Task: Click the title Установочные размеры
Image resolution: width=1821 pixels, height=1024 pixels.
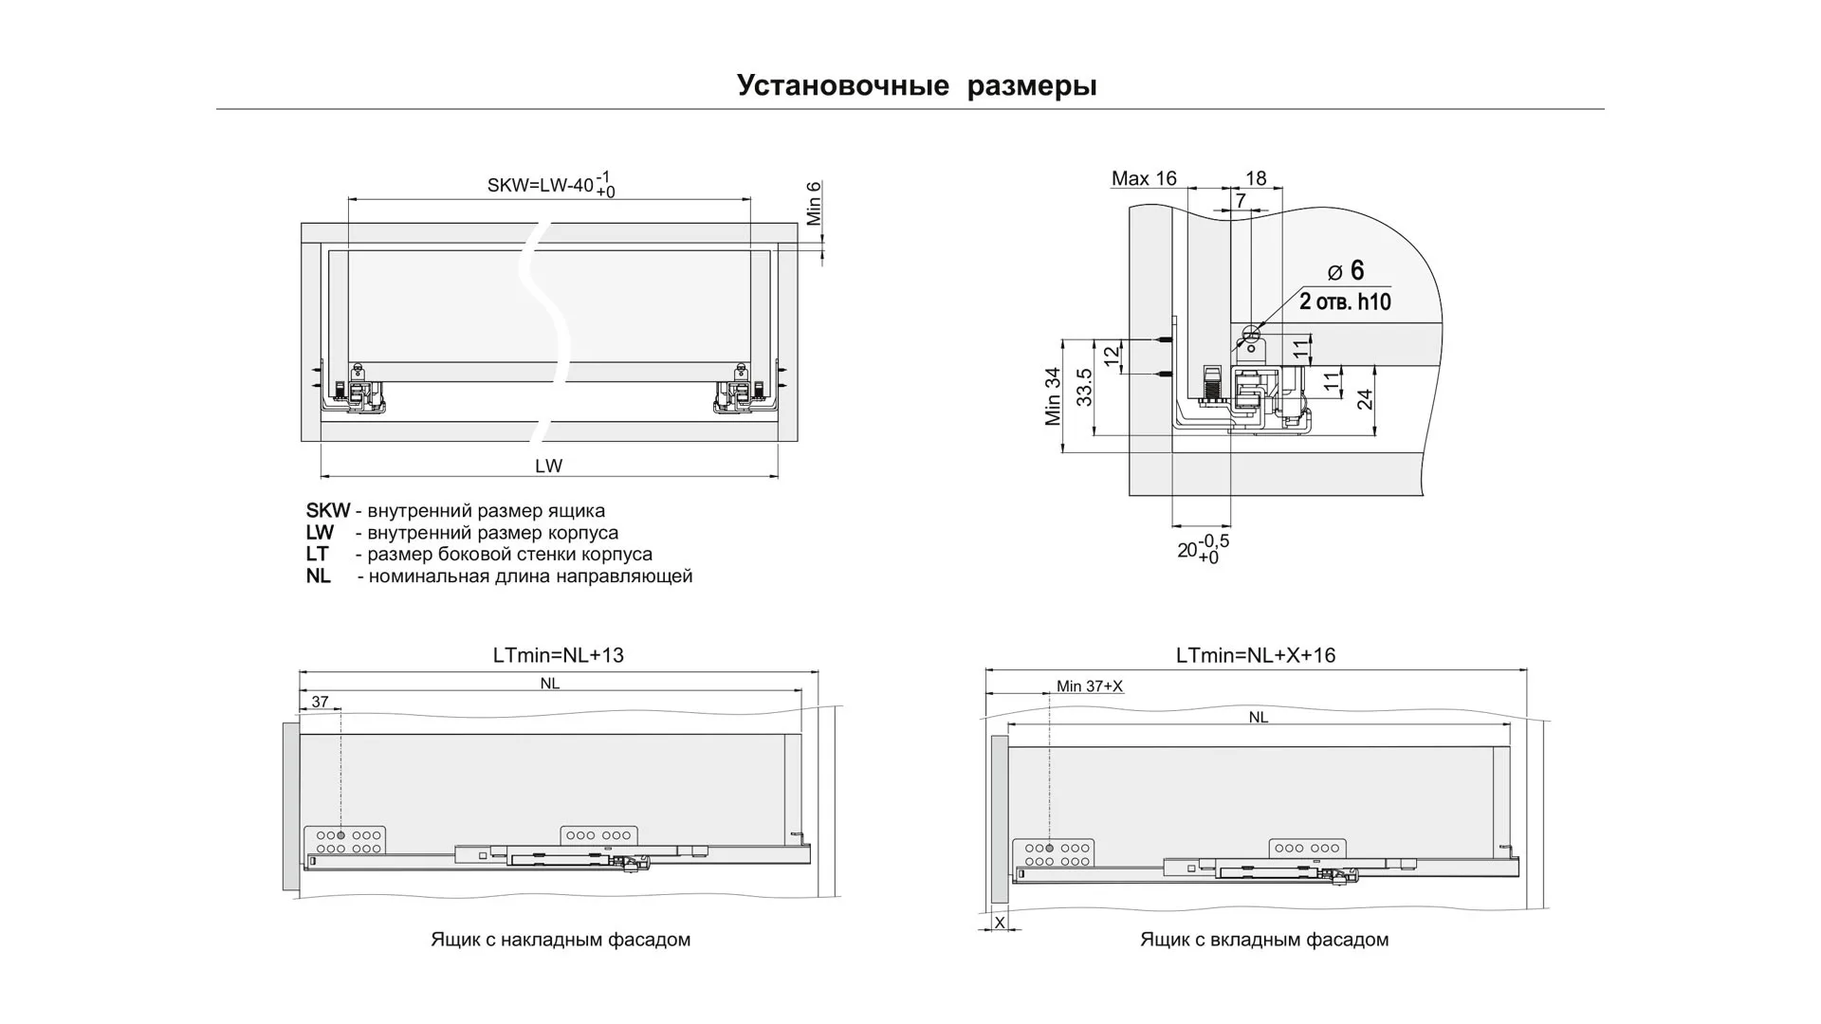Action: tap(916, 85)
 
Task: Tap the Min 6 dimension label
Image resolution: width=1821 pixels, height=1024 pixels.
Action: tap(814, 203)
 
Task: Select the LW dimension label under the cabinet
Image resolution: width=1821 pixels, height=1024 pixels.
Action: tap(548, 466)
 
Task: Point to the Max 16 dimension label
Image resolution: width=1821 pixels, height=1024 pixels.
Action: tap(1144, 178)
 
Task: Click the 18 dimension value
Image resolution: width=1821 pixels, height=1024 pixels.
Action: tap(1256, 178)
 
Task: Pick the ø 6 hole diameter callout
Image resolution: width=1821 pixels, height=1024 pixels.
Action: tap(1346, 271)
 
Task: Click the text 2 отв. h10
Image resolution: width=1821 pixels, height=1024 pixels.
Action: tap(1345, 302)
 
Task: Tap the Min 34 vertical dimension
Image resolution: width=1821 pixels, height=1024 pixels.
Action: tap(1053, 396)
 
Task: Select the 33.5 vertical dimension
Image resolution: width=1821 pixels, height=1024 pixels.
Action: tap(1085, 387)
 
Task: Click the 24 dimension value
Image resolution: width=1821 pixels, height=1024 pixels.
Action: tap(1365, 399)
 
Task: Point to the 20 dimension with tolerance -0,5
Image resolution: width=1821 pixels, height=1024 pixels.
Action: tap(1203, 549)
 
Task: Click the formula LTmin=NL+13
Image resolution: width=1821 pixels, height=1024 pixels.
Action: tap(558, 655)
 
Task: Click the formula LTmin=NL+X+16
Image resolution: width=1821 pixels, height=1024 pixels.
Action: tap(1255, 655)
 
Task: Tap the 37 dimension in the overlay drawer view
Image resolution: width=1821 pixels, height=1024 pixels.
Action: tap(320, 702)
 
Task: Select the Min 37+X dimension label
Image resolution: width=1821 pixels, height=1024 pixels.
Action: tap(1089, 686)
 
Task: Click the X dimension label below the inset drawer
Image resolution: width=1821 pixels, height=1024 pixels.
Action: tap(999, 922)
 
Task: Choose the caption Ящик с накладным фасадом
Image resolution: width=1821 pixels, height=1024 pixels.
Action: tap(560, 940)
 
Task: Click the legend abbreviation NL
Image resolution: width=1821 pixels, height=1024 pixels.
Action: tap(318, 576)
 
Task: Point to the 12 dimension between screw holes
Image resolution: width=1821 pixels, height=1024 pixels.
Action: tap(1111, 357)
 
